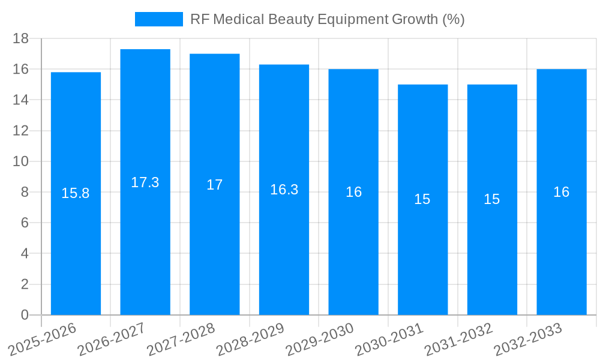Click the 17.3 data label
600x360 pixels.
coord(145,182)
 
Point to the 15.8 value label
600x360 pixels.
coord(76,193)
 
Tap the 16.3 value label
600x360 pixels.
coord(284,190)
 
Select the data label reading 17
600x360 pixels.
coord(215,185)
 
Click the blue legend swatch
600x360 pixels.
coord(159,19)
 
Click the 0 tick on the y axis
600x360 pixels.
coord(25,315)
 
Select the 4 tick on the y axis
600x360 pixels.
coord(25,253)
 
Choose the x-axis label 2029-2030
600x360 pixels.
coord(320,340)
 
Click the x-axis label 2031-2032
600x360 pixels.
coord(459,340)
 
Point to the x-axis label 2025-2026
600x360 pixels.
coord(42,340)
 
